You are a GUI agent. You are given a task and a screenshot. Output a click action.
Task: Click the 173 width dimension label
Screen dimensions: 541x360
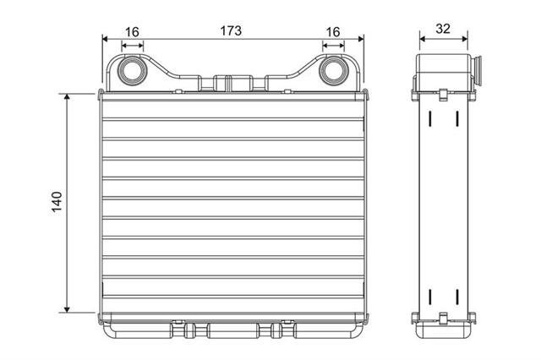click(231, 30)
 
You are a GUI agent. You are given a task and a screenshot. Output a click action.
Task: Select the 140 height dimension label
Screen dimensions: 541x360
click(57, 202)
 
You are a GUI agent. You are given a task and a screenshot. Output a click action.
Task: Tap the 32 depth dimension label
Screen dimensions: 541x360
click(443, 29)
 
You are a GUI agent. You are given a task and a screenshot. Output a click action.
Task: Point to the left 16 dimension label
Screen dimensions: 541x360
click(132, 32)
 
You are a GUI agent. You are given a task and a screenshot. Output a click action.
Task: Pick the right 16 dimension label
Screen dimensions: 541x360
click(333, 32)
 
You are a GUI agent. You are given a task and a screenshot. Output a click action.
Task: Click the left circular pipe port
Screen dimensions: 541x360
click(132, 71)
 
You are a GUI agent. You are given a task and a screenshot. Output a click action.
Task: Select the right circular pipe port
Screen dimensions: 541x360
click(333, 71)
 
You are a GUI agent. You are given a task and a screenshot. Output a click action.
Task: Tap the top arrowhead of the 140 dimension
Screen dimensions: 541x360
click(67, 96)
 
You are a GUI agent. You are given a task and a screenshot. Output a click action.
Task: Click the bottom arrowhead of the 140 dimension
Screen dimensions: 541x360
click(67, 309)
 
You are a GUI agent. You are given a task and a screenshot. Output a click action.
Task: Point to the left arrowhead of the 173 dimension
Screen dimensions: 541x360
click(105, 39)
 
